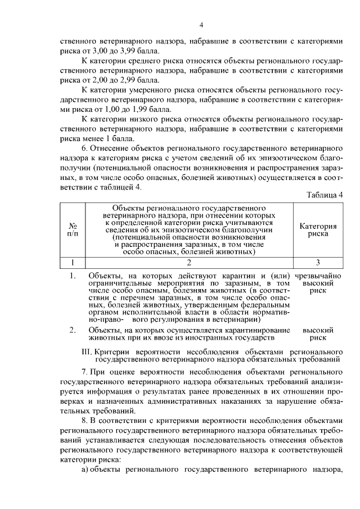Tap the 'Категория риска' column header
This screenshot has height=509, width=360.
[318, 230]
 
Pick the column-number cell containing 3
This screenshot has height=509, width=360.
[318, 262]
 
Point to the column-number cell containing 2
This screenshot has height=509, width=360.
[189, 262]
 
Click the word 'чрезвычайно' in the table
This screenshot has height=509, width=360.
[318, 276]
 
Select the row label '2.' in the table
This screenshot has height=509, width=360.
[73, 330]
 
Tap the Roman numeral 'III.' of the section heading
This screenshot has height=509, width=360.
[88, 350]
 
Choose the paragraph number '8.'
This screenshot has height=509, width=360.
[85, 421]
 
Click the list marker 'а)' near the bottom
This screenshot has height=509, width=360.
[85, 470]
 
